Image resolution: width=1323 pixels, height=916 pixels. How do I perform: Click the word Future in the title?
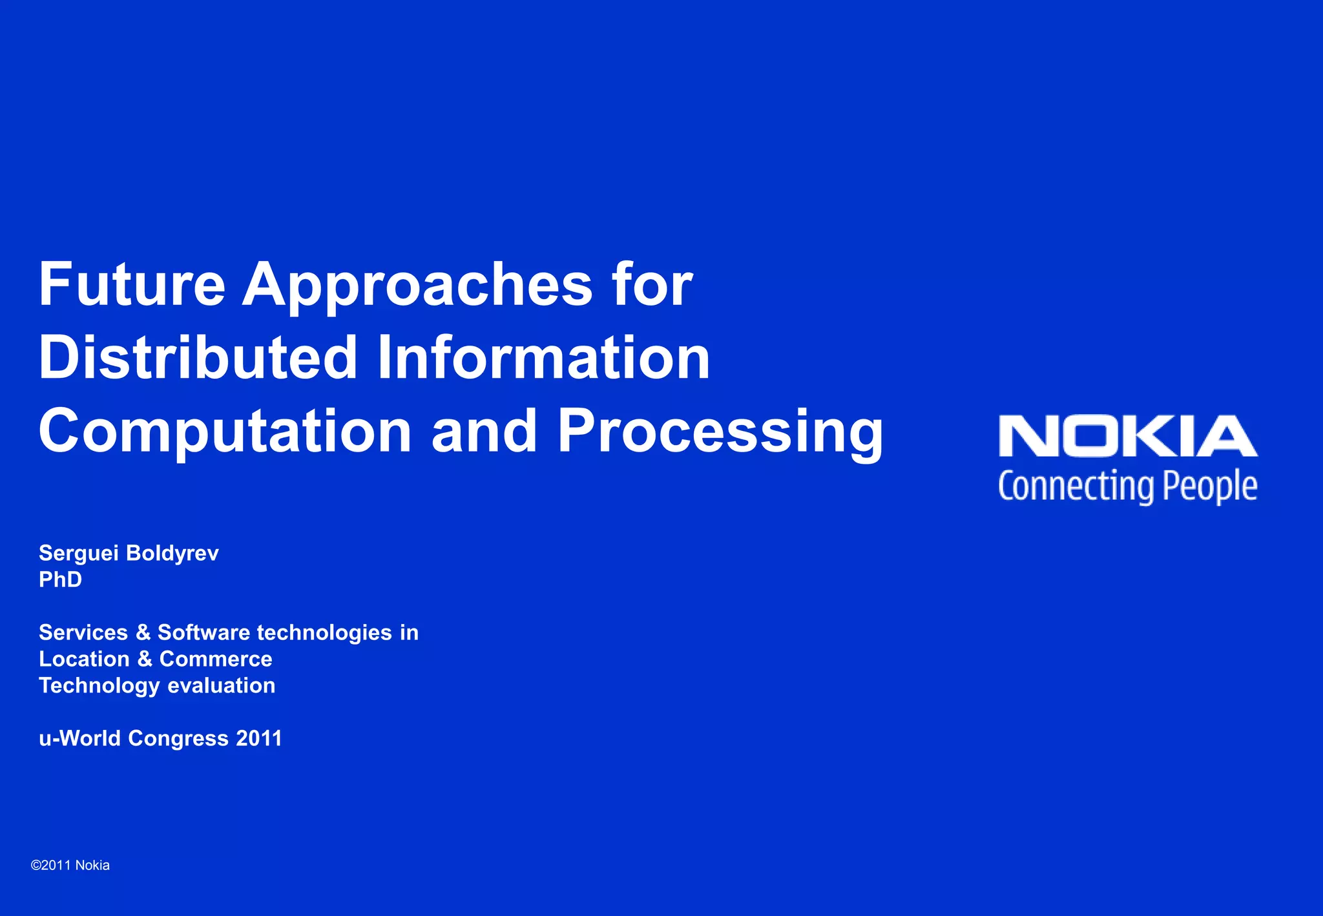click(x=132, y=284)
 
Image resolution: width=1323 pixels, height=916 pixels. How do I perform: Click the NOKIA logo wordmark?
click(x=1128, y=437)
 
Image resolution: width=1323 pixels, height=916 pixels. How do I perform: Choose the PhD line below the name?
click(x=61, y=579)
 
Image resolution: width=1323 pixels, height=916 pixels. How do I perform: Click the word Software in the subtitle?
click(x=203, y=632)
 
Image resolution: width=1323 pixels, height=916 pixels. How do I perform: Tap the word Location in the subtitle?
click(x=84, y=659)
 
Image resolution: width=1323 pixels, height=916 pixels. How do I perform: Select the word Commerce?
click(x=216, y=659)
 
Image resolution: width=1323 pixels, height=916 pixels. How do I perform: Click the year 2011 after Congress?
click(x=259, y=738)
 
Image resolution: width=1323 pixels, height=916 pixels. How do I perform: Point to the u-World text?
click(x=79, y=738)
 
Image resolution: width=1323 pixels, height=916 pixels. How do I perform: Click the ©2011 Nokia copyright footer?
click(x=70, y=866)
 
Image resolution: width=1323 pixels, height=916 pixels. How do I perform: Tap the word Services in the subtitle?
click(x=83, y=632)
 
